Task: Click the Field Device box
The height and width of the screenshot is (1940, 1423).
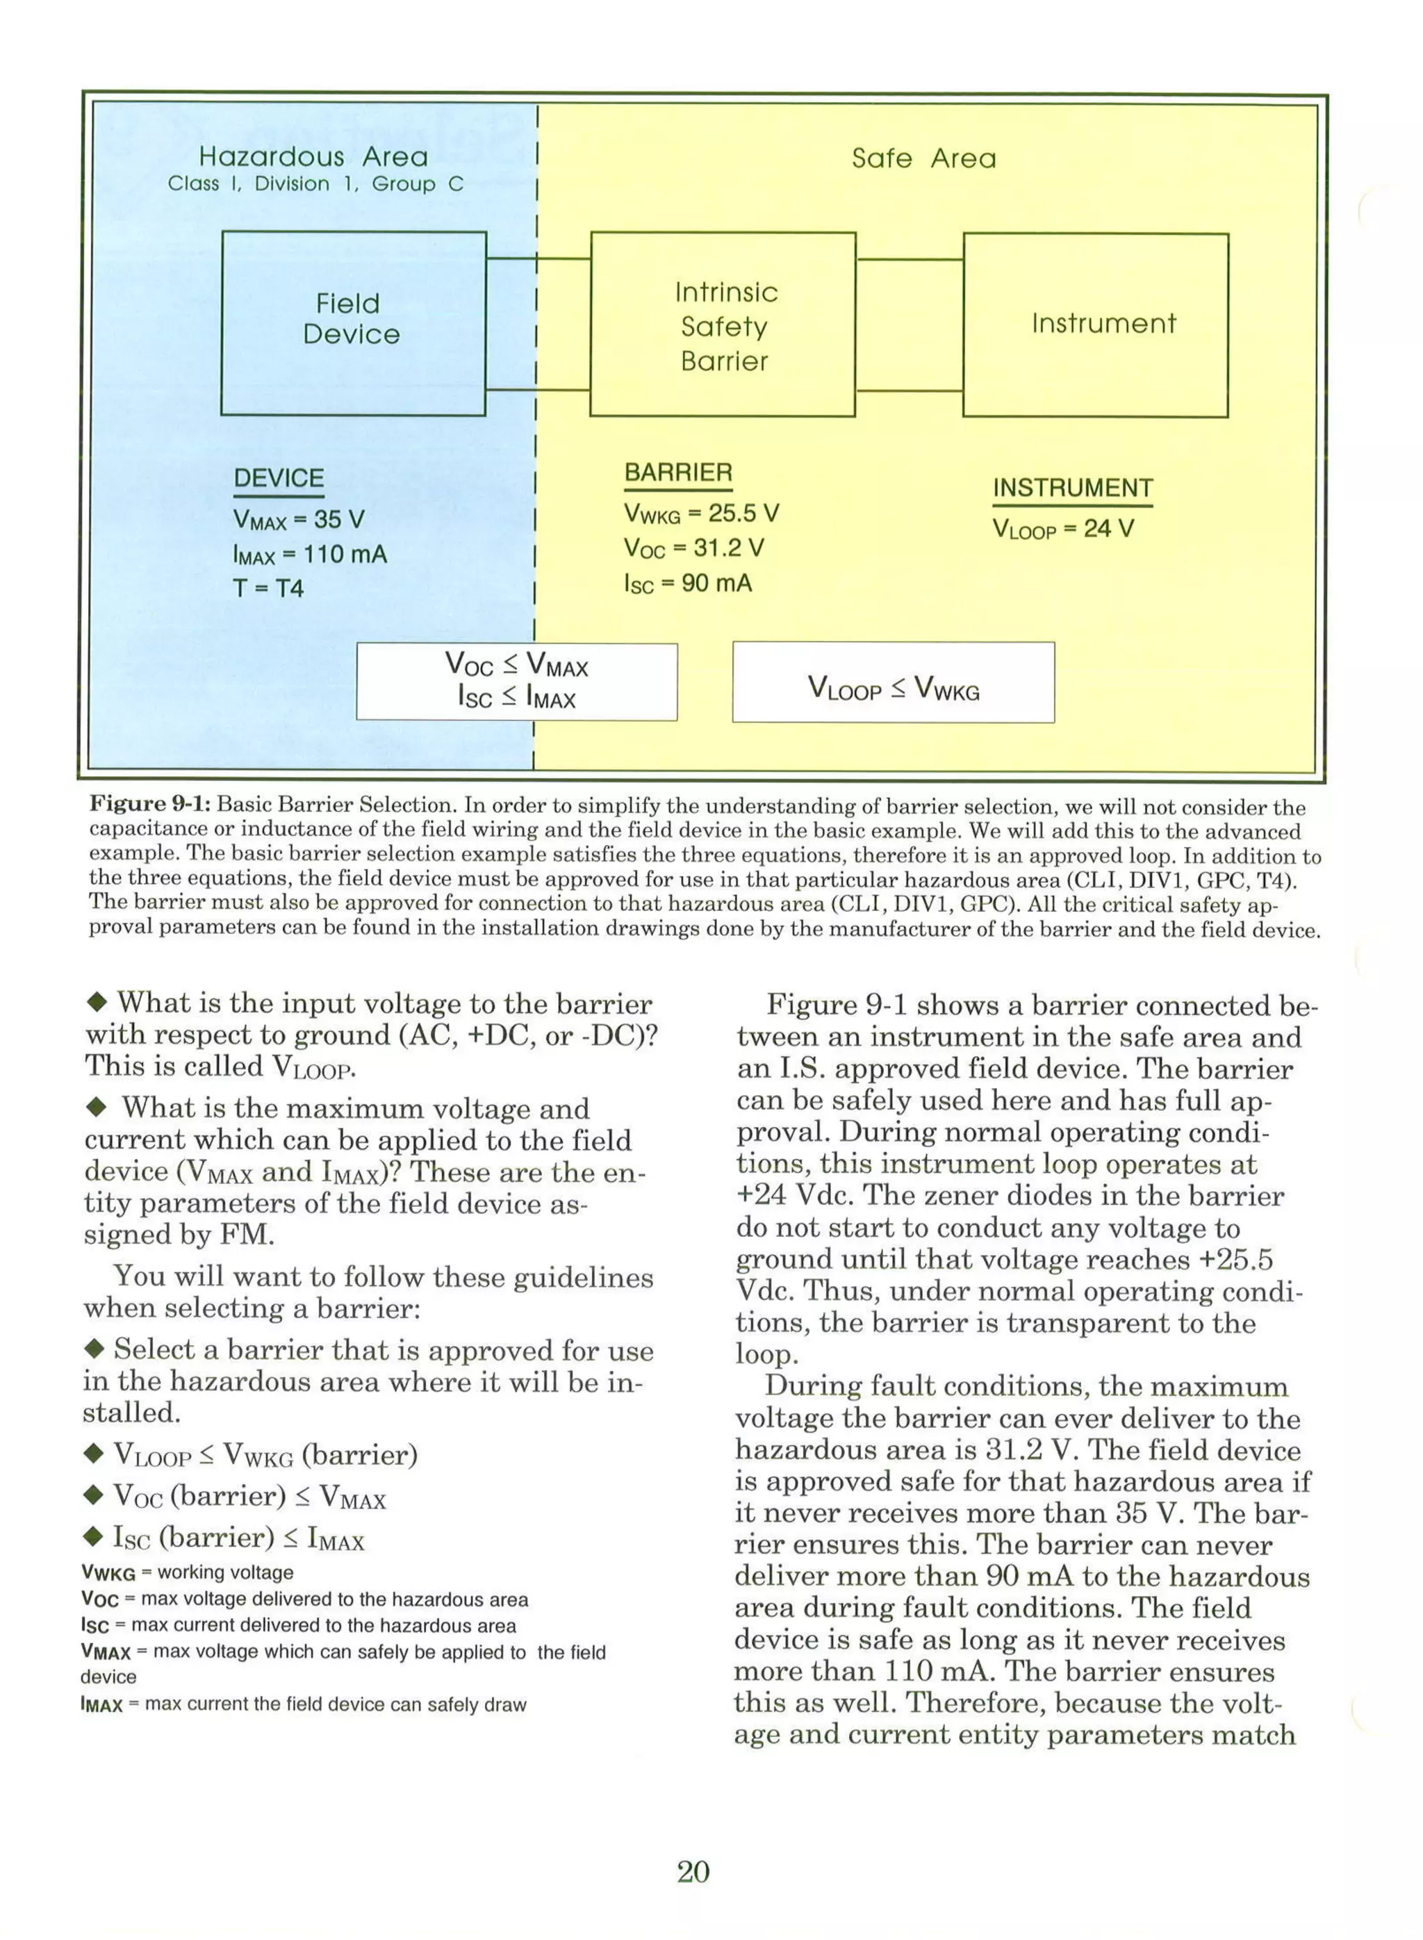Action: (353, 323)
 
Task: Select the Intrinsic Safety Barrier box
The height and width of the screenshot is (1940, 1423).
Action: (723, 324)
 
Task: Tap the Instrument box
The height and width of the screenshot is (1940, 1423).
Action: (1096, 324)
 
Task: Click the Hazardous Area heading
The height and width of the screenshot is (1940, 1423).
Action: (313, 157)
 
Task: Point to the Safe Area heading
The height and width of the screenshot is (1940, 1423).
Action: (923, 158)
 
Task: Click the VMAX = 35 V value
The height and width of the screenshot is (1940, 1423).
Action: (299, 520)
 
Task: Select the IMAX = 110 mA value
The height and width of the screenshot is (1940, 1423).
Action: (310, 554)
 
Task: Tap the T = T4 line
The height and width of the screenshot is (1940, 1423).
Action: (269, 589)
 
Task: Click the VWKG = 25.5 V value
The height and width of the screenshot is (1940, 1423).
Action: (701, 514)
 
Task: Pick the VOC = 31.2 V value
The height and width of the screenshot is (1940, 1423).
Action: (694, 549)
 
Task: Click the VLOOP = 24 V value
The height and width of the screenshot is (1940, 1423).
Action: (1063, 529)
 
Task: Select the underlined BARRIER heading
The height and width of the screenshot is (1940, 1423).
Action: (678, 473)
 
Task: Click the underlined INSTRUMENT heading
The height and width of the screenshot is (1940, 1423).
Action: (1072, 488)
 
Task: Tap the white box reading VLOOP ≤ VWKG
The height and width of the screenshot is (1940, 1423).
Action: (894, 682)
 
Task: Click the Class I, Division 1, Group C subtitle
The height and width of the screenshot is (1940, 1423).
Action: (315, 184)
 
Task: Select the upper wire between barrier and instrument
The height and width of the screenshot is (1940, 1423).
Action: (910, 258)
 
